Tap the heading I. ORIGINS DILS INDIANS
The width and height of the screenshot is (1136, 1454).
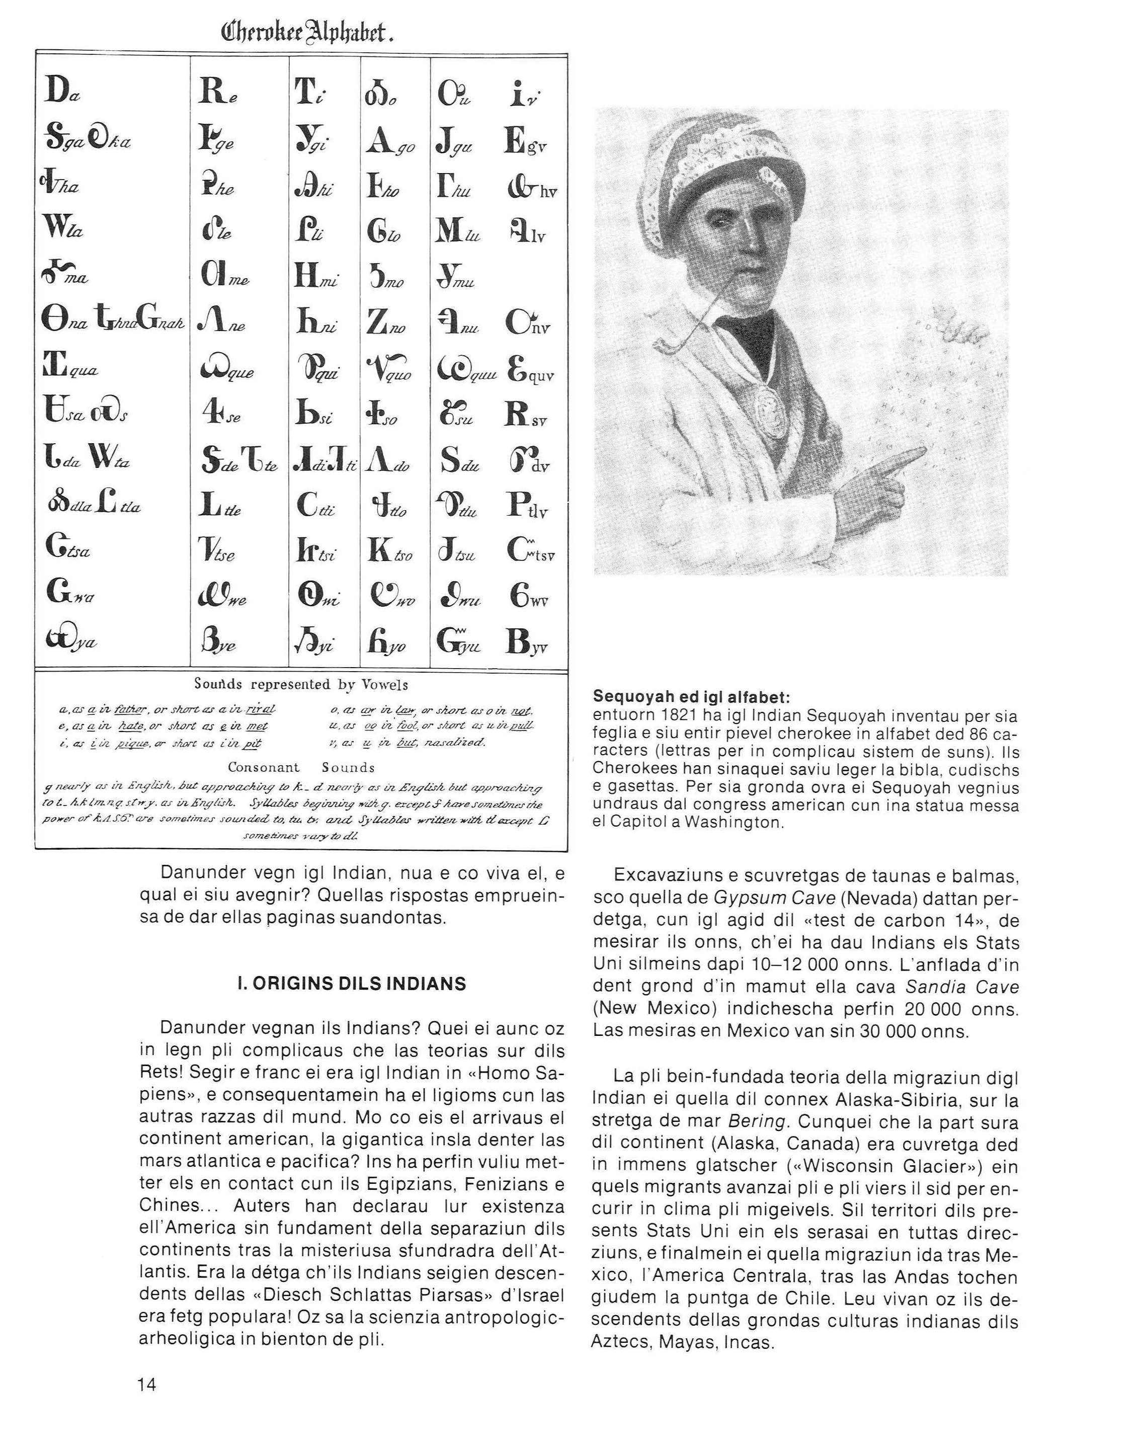[352, 984]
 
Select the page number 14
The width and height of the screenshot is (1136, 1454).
[146, 1385]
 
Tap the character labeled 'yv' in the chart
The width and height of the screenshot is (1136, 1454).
[519, 640]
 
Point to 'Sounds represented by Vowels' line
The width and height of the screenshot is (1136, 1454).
[301, 684]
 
